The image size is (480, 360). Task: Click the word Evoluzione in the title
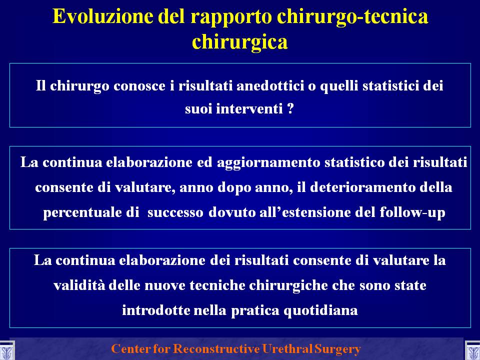pos(103,16)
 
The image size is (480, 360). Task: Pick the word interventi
pos(249,108)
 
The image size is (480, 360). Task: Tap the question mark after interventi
pos(290,108)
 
